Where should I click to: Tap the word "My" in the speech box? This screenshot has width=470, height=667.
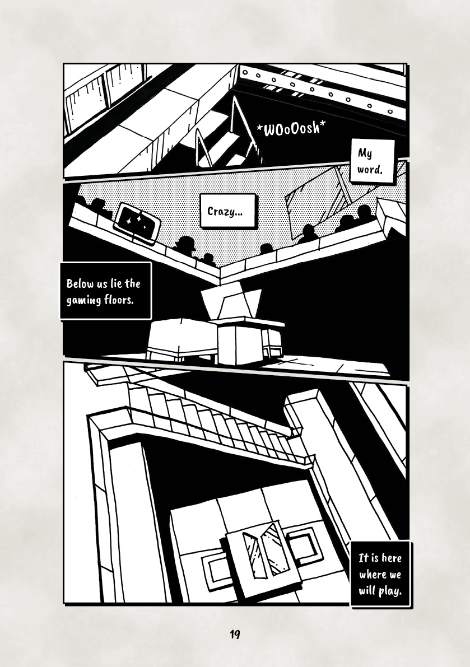click(x=365, y=153)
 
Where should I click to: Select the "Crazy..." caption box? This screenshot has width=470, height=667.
click(x=228, y=211)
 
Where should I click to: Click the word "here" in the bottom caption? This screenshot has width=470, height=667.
click(x=392, y=558)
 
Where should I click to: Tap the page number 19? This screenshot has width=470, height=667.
click(x=235, y=635)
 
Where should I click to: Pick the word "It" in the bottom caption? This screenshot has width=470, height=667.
click(x=363, y=558)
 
